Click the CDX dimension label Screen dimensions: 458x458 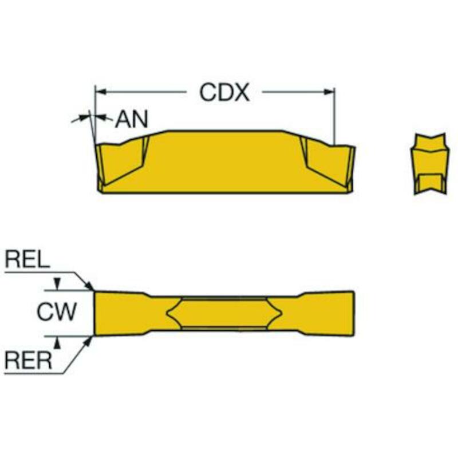point(224,92)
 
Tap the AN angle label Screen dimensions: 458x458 point(132,119)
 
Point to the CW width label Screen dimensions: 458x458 point(57,311)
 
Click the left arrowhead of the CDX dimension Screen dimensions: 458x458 point(101,92)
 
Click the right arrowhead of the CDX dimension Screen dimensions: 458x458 point(329,92)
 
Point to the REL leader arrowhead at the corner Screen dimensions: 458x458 point(89,286)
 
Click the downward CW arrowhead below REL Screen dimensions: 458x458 point(58,283)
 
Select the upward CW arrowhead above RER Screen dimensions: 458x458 point(58,342)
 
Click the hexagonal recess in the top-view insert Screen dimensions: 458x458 point(224,313)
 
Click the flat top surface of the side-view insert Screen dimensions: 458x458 point(225,131)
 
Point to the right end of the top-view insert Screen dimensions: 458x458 point(354,314)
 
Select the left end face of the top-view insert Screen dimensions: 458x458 point(95,313)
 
